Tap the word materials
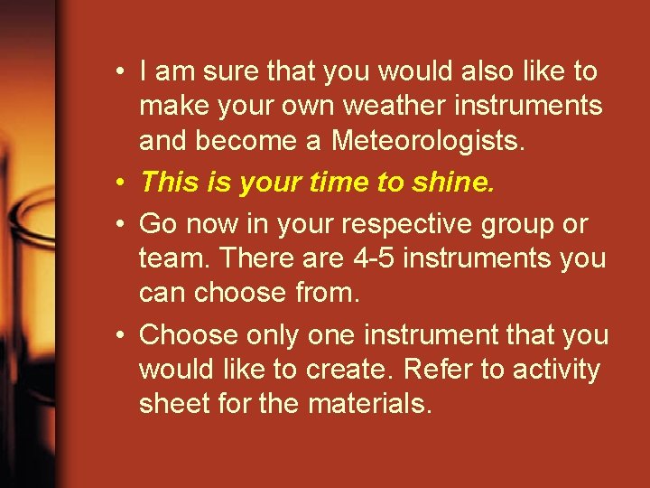tap(369, 405)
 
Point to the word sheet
tap(170, 405)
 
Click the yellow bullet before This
tap(120, 183)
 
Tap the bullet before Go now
tap(120, 223)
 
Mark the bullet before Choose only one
tap(120, 334)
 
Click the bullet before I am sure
tap(120, 70)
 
